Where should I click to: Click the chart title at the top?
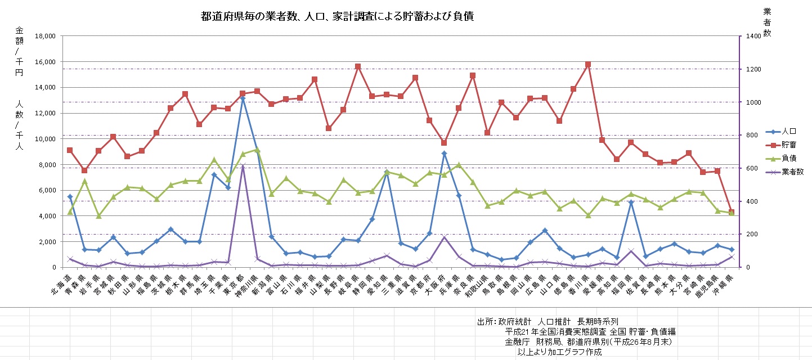click(x=337, y=17)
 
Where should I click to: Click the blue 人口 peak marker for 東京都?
click(x=243, y=98)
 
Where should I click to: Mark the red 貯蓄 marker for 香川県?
click(x=588, y=65)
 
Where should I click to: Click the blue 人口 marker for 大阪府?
click(x=444, y=153)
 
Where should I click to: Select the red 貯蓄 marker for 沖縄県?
click(x=732, y=212)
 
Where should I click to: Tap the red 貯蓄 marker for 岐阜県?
click(x=358, y=66)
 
